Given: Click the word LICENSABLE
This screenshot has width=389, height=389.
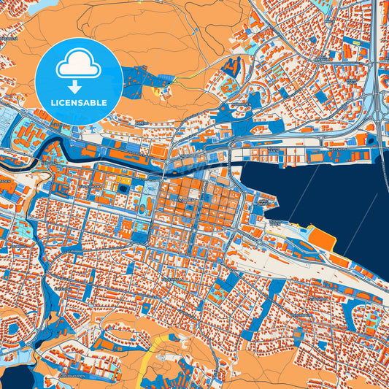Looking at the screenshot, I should click(78, 103).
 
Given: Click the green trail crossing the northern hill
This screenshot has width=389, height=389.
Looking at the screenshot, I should click(197, 73).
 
